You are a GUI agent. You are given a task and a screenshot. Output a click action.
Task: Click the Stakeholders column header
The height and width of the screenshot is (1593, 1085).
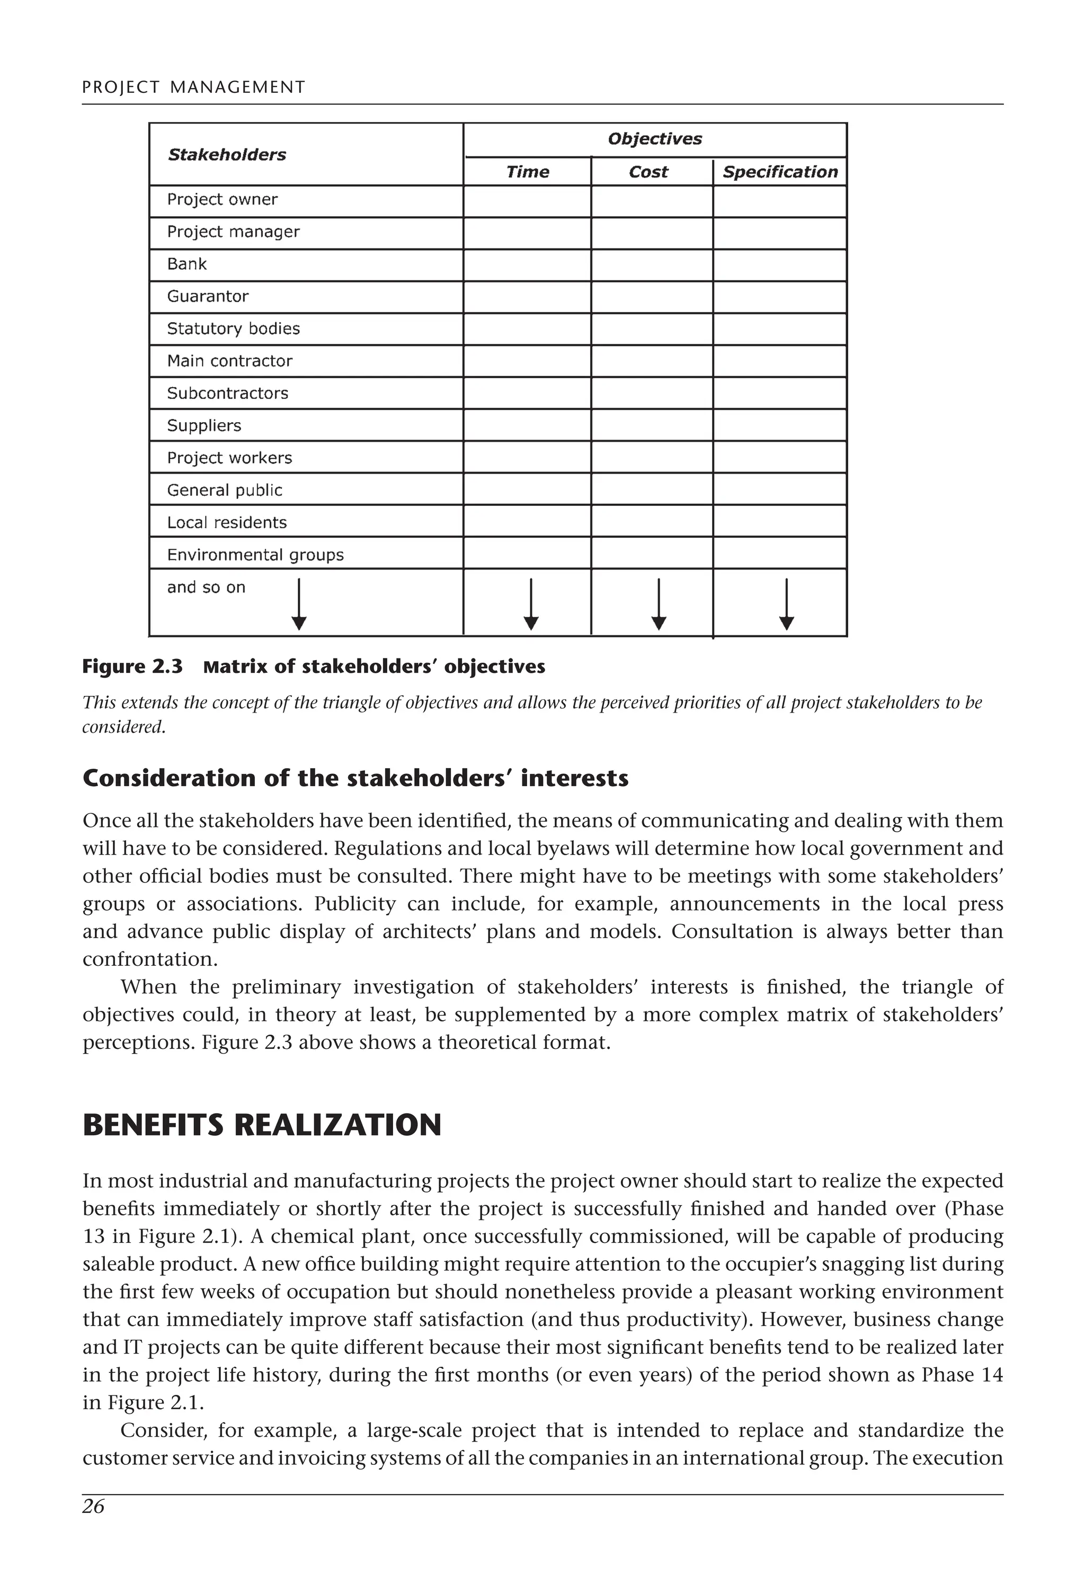pos(227,155)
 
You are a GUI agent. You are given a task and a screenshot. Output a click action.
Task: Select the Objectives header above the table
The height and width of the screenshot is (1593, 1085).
pos(655,139)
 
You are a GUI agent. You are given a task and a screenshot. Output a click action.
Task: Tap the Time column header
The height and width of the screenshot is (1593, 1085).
pos(527,172)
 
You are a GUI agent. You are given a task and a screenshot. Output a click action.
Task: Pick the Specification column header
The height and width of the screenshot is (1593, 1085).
pos(780,172)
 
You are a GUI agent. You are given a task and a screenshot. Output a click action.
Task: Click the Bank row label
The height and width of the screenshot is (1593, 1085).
pos(186,264)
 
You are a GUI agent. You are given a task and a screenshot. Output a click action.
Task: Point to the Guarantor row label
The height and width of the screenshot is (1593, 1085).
pos(208,296)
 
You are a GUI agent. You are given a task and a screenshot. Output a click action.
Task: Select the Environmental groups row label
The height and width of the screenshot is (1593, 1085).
pos(255,555)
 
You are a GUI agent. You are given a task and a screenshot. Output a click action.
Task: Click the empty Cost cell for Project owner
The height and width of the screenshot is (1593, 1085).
pos(651,201)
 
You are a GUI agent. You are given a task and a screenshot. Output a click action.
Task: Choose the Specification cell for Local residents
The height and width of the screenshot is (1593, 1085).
pos(779,522)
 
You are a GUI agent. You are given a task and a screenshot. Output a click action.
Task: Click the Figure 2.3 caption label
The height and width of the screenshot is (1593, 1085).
pos(132,667)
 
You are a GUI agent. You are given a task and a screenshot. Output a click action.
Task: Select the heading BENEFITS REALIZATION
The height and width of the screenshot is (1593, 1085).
pos(262,1125)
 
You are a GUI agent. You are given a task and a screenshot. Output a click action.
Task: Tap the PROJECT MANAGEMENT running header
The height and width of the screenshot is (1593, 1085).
pos(193,87)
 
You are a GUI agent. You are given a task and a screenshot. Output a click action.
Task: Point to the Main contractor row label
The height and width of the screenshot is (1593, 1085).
pos(229,361)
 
